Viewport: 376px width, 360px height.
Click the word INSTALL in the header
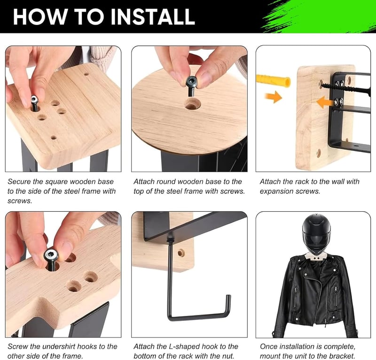[x=153, y=16]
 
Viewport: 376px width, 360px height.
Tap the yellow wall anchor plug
[x=274, y=80]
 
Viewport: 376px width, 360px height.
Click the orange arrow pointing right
[x=274, y=97]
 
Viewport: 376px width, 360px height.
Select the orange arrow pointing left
[x=325, y=103]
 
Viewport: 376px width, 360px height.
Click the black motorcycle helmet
[x=316, y=234]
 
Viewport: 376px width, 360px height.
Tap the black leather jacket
[x=315, y=296]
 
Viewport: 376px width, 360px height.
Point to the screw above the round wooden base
[x=191, y=85]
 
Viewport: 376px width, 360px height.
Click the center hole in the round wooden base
[x=191, y=104]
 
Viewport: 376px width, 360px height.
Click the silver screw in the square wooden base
[x=34, y=103]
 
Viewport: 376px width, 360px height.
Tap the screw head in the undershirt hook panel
[x=51, y=256]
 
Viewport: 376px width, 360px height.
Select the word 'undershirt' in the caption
[x=54, y=346]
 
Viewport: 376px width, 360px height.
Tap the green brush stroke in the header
[x=319, y=16]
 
